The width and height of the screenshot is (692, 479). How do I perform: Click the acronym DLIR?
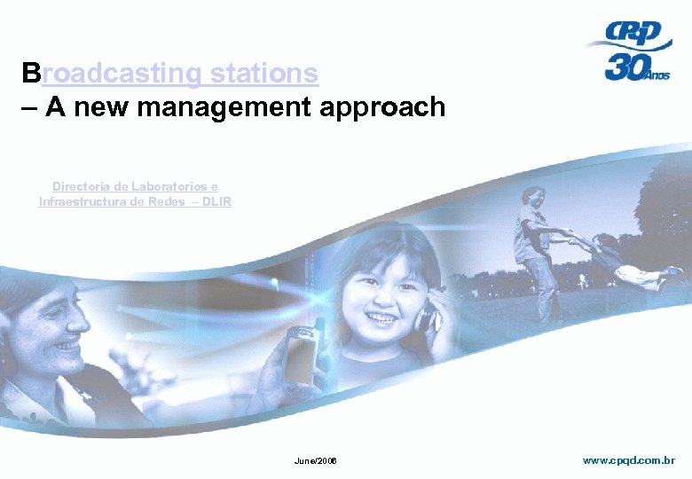click(216, 201)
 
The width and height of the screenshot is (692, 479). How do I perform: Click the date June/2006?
click(315, 462)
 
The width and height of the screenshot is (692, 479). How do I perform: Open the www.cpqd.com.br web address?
click(628, 460)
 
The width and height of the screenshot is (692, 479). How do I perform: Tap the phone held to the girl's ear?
click(426, 315)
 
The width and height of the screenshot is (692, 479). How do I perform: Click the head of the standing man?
click(534, 197)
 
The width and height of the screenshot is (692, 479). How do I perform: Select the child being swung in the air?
click(632, 261)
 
